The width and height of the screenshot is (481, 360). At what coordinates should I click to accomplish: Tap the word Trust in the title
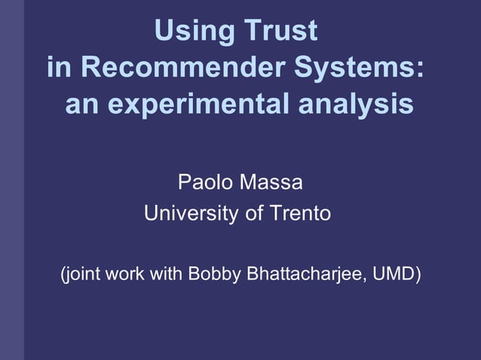(280, 32)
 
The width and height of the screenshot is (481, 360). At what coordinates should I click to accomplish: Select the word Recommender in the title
(182, 69)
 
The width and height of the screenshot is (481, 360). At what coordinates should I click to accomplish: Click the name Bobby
(214, 273)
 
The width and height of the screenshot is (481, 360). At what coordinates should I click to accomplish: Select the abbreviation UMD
(396, 273)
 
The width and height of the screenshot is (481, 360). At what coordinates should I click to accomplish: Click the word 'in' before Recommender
(60, 69)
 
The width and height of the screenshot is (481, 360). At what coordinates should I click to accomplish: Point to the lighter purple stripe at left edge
(11, 180)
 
